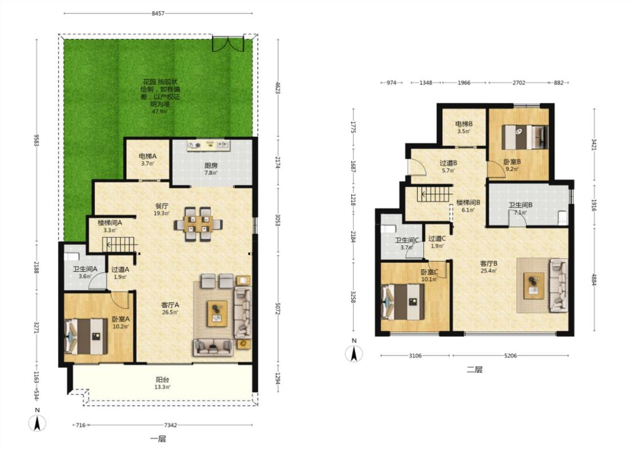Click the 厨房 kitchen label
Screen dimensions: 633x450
click(211, 165)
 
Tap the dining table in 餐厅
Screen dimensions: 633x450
click(199, 224)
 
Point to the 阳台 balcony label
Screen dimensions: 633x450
click(163, 379)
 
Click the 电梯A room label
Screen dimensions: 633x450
click(147, 156)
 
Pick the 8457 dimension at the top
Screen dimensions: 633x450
click(158, 13)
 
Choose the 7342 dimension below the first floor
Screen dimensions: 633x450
click(170, 425)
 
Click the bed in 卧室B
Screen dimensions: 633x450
click(525, 137)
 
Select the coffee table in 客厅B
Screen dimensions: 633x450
click(534, 286)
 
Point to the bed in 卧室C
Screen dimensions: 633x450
click(403, 302)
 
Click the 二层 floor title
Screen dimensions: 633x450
click(474, 370)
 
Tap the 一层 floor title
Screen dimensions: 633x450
click(158, 439)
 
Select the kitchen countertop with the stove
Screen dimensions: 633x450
click(208, 145)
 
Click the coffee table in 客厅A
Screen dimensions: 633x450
click(217, 313)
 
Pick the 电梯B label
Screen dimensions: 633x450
click(464, 124)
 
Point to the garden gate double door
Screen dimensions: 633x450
click(228, 43)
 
